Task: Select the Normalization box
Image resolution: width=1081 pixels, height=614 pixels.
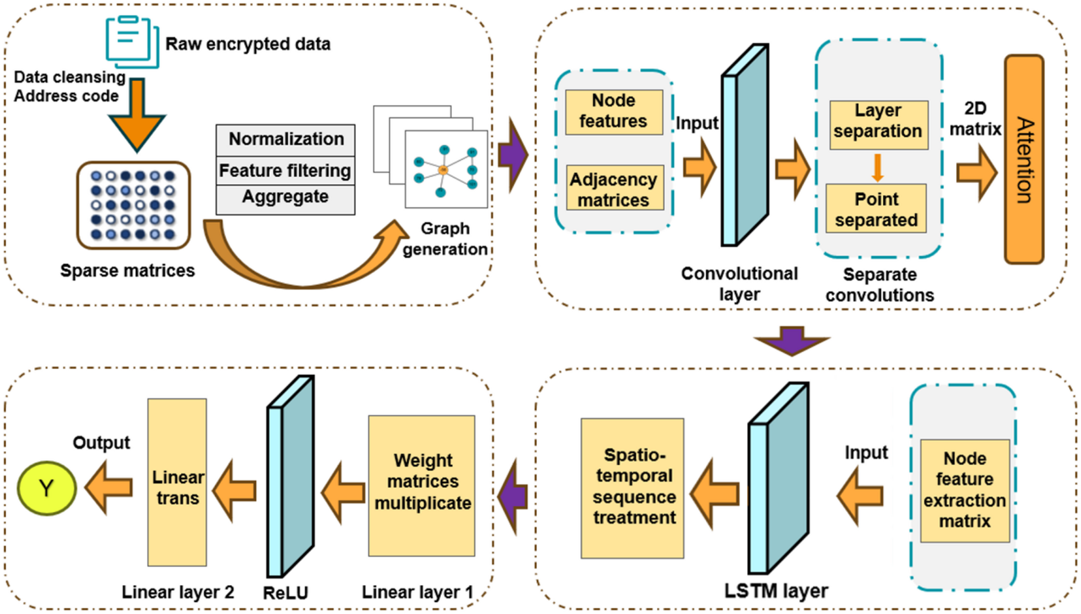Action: pos(286,139)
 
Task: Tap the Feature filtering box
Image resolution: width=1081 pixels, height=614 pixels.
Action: pos(286,171)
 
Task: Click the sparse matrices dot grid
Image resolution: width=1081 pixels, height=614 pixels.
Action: pos(133,205)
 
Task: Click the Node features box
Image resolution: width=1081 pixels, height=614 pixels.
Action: pos(614,111)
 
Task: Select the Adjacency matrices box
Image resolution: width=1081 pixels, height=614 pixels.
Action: pos(615,188)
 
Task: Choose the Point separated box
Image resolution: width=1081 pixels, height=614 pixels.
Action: pos(876,209)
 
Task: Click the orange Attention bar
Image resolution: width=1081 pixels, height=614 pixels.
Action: pos(1024,159)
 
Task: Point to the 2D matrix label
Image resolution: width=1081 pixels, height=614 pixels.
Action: pos(974,119)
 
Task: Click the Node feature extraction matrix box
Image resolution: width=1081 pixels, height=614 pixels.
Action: pos(964,490)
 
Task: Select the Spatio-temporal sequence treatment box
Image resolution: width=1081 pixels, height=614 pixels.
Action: pos(633,488)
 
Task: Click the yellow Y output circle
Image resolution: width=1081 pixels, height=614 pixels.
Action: pos(47,488)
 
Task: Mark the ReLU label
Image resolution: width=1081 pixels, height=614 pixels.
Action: pos(285,592)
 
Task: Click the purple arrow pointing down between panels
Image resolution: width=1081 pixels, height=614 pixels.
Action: pos(792,340)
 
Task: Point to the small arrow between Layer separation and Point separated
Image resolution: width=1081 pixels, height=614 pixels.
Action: pos(878,167)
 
